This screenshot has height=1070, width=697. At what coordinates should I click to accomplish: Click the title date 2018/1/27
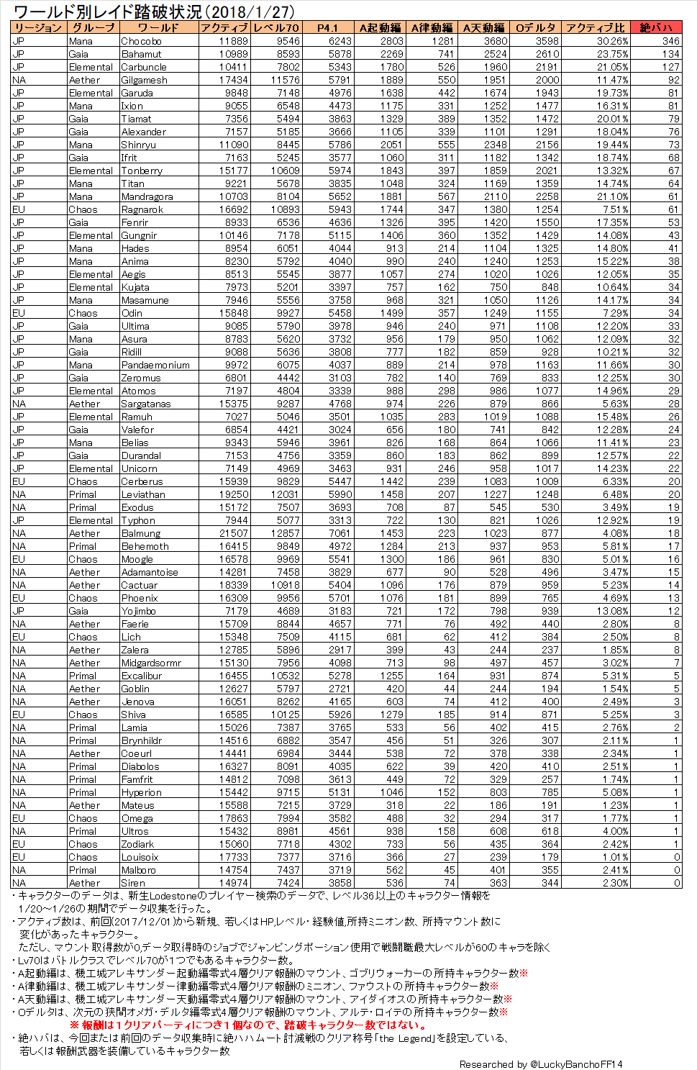251,12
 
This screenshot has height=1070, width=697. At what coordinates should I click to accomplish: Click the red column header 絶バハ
655,27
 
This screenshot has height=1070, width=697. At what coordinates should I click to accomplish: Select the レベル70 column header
276,27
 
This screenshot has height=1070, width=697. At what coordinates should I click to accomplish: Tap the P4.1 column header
327,27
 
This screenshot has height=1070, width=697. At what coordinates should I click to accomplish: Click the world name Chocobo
141,41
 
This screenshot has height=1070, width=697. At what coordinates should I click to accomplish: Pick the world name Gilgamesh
144,80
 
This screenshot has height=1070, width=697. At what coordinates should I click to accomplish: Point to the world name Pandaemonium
155,365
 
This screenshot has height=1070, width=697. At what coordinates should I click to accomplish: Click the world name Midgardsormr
151,663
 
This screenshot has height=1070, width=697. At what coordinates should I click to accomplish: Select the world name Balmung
141,533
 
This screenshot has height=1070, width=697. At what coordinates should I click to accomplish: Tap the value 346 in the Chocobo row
670,41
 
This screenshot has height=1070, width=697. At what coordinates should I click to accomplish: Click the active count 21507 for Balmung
234,533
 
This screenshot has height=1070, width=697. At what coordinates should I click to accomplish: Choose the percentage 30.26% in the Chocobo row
612,41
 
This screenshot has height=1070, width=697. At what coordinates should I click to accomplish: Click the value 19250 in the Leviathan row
234,494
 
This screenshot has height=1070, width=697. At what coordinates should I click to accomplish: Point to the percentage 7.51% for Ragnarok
615,209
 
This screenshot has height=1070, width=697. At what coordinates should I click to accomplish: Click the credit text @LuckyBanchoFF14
576,1064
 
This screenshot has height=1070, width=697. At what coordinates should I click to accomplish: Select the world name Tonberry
142,171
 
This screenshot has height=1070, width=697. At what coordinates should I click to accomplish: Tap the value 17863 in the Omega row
234,818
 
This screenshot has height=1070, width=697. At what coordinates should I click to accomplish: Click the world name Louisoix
140,857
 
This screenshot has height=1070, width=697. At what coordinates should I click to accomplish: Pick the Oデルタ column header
535,27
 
